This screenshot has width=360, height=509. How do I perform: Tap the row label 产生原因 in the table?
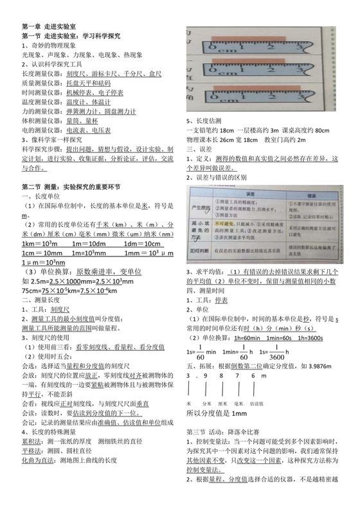(197, 209)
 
